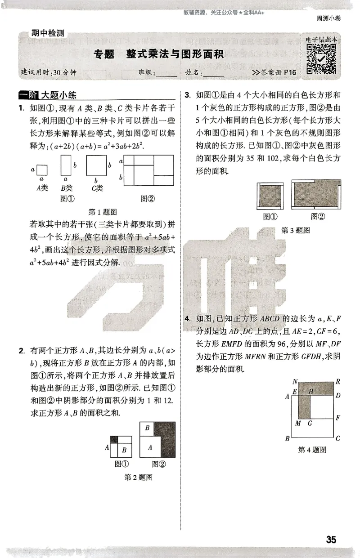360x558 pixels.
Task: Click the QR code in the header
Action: pyautogui.click(x=321, y=59)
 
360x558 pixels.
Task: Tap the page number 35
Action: pyautogui.click(x=331, y=540)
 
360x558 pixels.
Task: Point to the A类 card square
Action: pyautogui.click(x=42, y=170)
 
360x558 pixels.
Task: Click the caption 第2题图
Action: pyautogui.click(x=138, y=477)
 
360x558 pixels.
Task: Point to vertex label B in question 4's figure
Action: pyautogui.click(x=287, y=438)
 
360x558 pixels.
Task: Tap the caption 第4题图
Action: pyautogui.click(x=312, y=450)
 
